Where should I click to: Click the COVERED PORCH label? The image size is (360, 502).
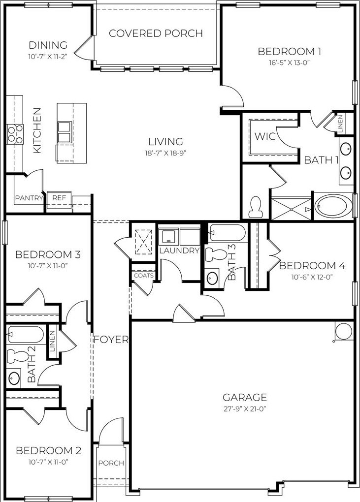156,33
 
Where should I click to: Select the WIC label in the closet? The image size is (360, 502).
265,136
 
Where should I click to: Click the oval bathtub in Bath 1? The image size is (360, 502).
333,206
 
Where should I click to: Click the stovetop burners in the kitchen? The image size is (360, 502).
15,134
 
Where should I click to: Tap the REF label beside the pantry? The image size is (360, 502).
59,198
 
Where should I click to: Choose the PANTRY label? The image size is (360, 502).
29,198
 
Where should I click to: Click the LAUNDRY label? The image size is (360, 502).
179,251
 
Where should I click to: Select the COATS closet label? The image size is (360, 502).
144,276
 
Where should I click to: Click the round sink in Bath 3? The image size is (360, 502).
212,278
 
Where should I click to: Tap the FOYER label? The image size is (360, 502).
111,340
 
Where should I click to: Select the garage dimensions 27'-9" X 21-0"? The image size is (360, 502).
245,409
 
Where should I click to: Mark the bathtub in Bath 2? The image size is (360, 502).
25,335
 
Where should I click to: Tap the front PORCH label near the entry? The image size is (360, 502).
111,463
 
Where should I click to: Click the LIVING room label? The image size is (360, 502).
165,142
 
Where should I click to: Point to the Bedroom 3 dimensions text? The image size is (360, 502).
48,265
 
